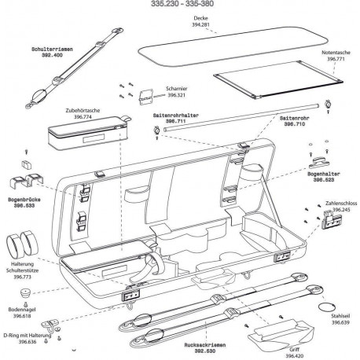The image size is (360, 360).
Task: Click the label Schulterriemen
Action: tap(52, 50)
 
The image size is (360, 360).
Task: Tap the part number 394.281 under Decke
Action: tap(200, 25)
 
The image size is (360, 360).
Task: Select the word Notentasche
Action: tap(336, 53)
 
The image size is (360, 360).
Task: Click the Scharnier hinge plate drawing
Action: tap(145, 97)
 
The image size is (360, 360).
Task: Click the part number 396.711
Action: tap(175, 121)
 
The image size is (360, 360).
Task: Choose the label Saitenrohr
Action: tap(295, 118)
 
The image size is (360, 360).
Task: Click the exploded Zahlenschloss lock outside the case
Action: tap(331, 219)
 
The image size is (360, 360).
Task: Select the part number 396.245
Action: tap(341, 210)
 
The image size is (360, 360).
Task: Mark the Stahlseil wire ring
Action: tap(326, 307)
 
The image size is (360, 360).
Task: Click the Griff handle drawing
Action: tap(281, 334)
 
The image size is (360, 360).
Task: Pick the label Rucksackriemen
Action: tap(205, 345)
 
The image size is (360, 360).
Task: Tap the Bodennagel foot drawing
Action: tap(26, 292)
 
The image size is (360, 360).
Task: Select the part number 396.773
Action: tap(22, 277)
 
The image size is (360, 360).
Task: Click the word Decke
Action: tap(200, 18)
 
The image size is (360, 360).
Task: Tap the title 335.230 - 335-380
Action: tap(182, 4)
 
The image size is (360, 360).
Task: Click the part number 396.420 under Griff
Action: tap(295, 356)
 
